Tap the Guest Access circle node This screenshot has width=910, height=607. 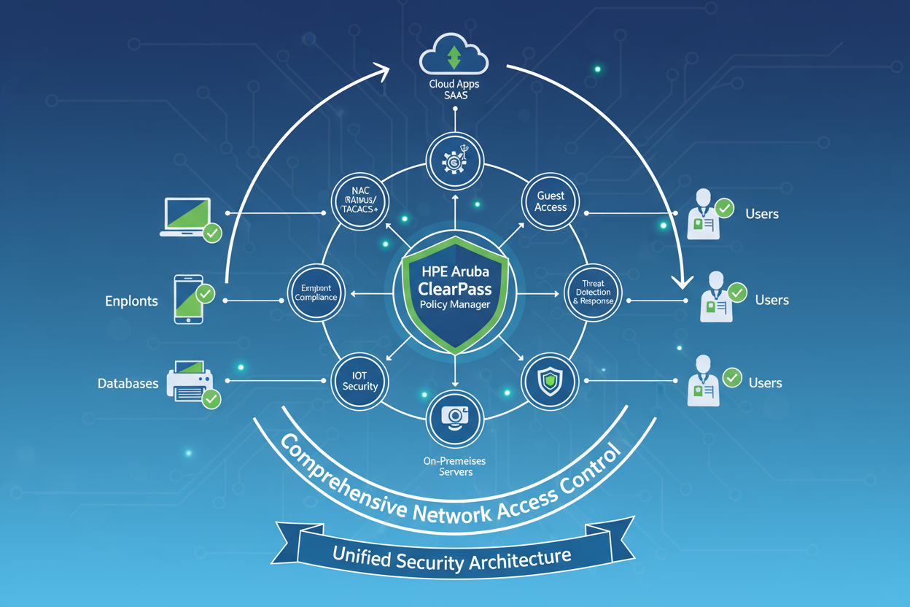pyautogui.click(x=551, y=201)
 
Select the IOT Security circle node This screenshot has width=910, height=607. pyautogui.click(x=359, y=380)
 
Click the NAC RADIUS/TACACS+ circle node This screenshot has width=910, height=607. pyautogui.click(x=359, y=201)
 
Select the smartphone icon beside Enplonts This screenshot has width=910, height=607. pyautogui.click(x=188, y=299)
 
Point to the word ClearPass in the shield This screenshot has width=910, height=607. pyautogui.click(x=455, y=287)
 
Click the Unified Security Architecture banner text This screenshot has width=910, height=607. pyautogui.click(x=452, y=559)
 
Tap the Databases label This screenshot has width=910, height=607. pyautogui.click(x=128, y=383)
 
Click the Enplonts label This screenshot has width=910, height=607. pyautogui.click(x=131, y=301)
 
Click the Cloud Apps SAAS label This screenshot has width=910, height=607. pyautogui.click(x=454, y=90)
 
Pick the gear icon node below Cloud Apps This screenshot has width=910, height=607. pyautogui.click(x=455, y=159)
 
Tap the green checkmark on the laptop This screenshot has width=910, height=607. pyautogui.click(x=212, y=233)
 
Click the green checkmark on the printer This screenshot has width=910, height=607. pyautogui.click(x=211, y=398)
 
